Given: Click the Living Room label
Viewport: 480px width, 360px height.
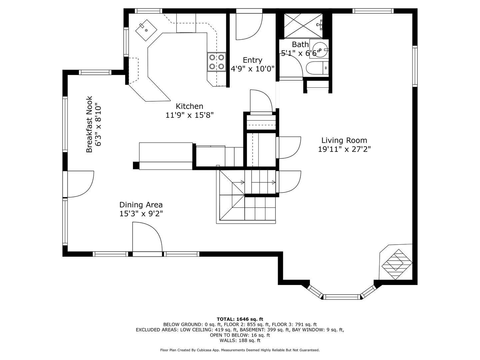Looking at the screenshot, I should pyautogui.click(x=344, y=140).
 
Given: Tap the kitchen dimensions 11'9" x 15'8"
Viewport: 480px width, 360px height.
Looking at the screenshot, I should pyautogui.click(x=189, y=115).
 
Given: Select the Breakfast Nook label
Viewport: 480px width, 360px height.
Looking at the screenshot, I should pyautogui.click(x=89, y=124).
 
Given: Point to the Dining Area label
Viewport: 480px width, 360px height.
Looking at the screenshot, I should pyautogui.click(x=141, y=205).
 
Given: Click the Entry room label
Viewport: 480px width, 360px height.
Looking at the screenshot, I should pyautogui.click(x=252, y=60).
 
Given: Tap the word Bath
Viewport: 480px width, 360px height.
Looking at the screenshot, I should pyautogui.click(x=300, y=44).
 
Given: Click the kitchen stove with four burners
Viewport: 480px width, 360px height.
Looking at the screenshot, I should pyautogui.click(x=216, y=62).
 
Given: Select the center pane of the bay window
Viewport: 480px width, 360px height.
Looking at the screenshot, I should pyautogui.click(x=342, y=296).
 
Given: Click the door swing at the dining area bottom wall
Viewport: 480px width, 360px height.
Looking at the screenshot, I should pyautogui.click(x=147, y=237).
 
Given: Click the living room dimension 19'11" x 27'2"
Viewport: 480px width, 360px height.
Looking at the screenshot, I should pyautogui.click(x=344, y=149).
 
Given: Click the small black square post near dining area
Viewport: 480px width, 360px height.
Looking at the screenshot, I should pyautogui.click(x=136, y=165).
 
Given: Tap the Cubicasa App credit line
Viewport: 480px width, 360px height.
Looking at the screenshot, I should pyautogui.click(x=240, y=350).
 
